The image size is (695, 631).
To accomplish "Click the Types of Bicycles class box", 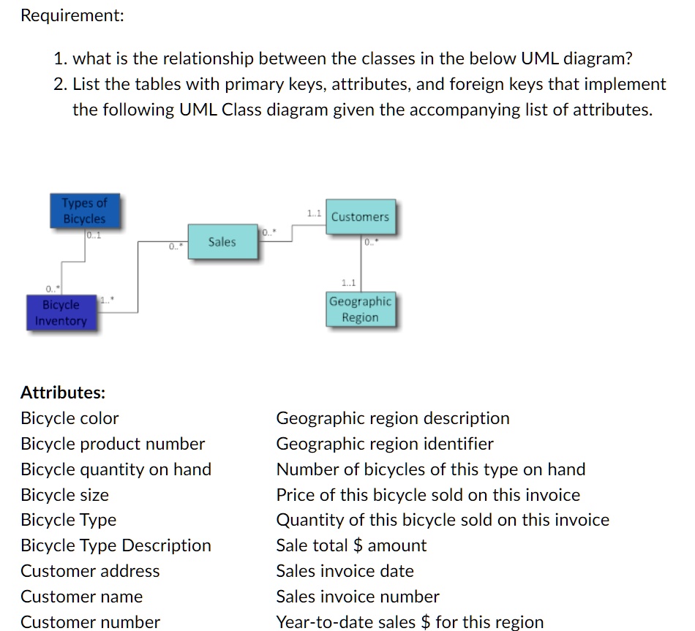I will [x=83, y=211].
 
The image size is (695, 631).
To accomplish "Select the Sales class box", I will [x=222, y=242].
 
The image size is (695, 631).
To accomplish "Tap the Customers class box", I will [x=360, y=217].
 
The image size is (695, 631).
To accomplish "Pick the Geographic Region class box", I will [x=360, y=309].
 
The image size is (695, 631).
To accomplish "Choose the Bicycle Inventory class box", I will [x=61, y=312].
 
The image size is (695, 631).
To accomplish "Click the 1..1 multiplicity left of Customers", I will [x=314, y=214].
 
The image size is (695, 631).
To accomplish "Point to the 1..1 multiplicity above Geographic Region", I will [x=348, y=282].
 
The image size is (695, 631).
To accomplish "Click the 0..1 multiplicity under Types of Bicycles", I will [x=93, y=235].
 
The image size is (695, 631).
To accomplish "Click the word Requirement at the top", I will [x=72, y=15].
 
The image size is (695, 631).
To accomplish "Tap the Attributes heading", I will [x=63, y=393].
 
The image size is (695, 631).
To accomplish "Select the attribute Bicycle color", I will [x=69, y=418].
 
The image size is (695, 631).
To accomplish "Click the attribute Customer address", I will [x=90, y=571].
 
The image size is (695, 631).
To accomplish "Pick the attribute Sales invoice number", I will [x=358, y=597].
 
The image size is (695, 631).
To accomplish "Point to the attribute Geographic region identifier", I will [x=385, y=444].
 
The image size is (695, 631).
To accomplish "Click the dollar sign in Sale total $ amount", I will [x=358, y=545].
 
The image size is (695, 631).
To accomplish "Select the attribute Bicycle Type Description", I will [x=116, y=545].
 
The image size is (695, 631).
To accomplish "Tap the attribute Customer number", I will [x=90, y=622].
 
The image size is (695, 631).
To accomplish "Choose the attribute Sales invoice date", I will [x=345, y=571].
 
